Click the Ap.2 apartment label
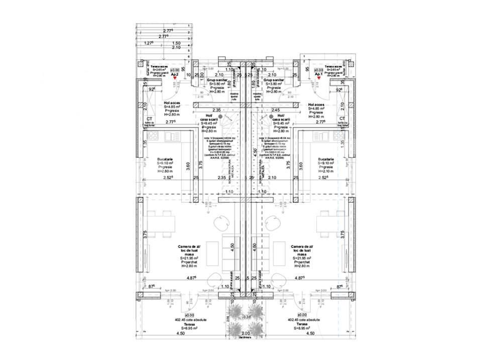175,74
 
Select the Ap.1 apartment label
318,74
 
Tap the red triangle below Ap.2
175,79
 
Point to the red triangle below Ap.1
318,79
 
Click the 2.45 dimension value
275,110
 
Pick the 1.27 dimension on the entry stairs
148,43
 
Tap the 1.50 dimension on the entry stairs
176,43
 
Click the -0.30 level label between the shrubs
246,317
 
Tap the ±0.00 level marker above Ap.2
175,70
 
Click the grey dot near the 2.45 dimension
271,116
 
